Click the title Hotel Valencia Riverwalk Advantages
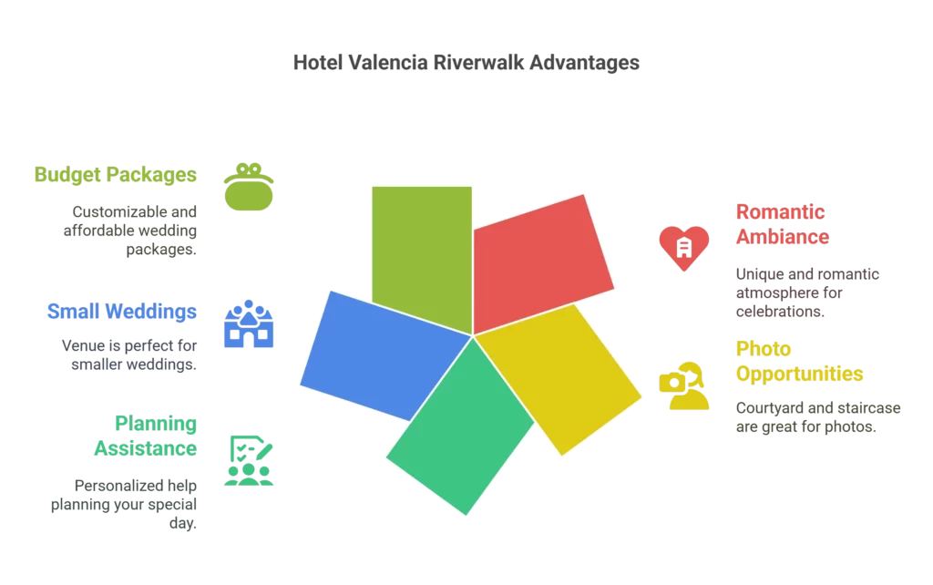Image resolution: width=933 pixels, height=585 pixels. (x=466, y=63)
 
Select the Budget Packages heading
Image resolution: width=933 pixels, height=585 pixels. (x=116, y=174)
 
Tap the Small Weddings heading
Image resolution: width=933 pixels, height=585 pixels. (x=122, y=313)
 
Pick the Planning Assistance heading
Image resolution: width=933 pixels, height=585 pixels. (x=145, y=436)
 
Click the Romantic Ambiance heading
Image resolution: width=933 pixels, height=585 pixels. (x=782, y=224)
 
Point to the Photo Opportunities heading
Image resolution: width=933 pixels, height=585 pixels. (x=799, y=361)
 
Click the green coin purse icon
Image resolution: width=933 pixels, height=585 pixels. (x=249, y=187)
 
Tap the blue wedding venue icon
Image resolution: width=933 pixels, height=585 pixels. (x=249, y=324)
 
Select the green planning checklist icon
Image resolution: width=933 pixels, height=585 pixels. (x=249, y=460)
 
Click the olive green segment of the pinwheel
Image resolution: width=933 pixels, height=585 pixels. (x=422, y=246)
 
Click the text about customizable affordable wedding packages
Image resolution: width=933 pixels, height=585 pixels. (x=129, y=230)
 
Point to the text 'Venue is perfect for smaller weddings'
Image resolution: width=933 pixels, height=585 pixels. (x=129, y=355)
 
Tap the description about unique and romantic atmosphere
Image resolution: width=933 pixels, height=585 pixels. (x=805, y=292)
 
